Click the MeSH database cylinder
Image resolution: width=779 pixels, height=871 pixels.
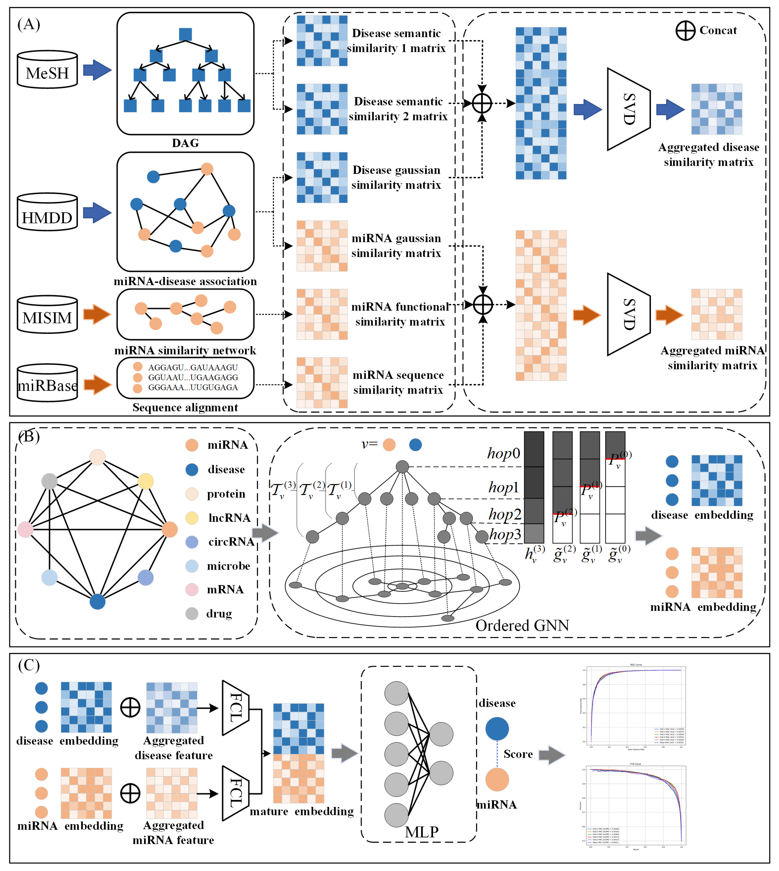coord(47,70)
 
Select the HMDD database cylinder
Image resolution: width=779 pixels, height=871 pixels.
coord(47,212)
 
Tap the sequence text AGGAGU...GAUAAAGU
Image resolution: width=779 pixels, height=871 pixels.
coord(193,367)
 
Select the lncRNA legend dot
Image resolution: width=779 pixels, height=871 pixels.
coord(192,518)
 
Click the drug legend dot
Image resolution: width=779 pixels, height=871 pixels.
coord(192,614)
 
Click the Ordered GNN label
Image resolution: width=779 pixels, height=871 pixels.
coord(522,625)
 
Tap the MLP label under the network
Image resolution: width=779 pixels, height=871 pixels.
coord(422,832)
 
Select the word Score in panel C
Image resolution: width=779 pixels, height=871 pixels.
coord(518,754)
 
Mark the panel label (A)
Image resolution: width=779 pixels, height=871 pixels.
coord(29,24)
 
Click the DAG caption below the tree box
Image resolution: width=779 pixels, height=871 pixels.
coord(185,143)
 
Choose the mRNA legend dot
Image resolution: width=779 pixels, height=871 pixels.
coord(192,590)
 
